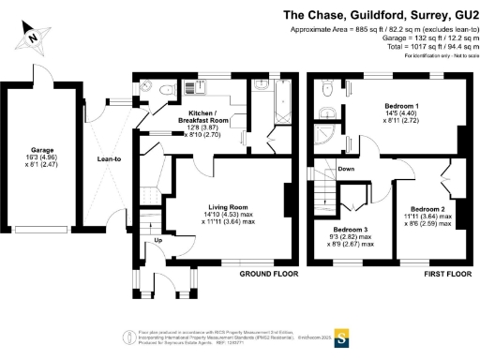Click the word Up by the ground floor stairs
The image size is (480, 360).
click(x=157, y=240)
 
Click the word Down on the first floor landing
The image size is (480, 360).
click(x=346, y=170)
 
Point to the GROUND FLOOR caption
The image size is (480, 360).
click(x=268, y=275)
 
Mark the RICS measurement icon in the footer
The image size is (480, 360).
click(x=128, y=336)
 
